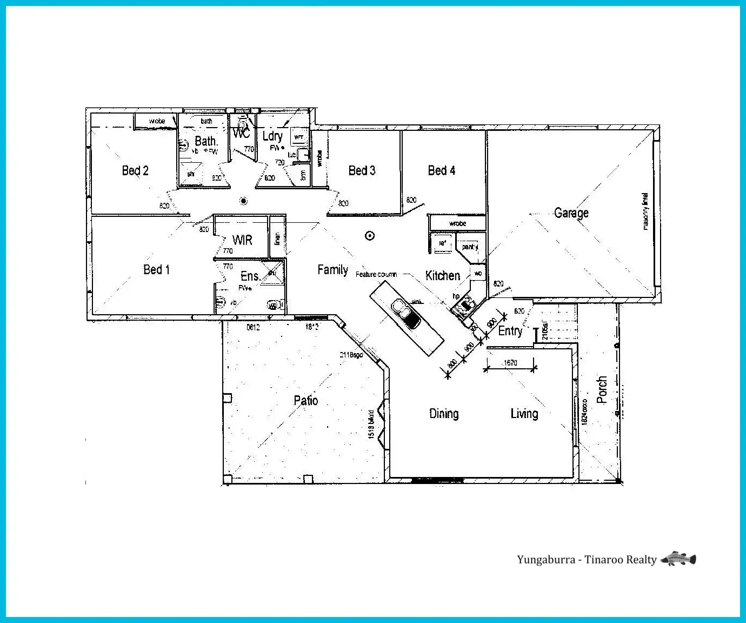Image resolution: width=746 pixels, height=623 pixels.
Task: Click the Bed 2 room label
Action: [x=135, y=171]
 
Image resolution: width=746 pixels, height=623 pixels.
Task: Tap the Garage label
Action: [x=571, y=213]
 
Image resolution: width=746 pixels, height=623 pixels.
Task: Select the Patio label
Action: [x=305, y=401]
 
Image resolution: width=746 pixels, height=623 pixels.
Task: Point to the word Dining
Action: [x=444, y=414]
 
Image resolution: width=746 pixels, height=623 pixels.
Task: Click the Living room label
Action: [x=524, y=414]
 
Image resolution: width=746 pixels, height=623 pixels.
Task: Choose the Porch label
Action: [x=602, y=390]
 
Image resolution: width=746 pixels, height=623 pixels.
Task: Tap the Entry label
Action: [x=510, y=331]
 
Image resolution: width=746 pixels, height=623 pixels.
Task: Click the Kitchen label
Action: [x=442, y=276]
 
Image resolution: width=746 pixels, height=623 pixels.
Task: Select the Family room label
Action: [x=332, y=270]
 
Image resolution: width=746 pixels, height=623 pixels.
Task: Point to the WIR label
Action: [x=242, y=240]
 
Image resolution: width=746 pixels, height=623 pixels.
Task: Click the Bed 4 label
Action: [x=441, y=171]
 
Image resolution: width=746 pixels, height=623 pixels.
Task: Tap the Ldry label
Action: [x=272, y=136]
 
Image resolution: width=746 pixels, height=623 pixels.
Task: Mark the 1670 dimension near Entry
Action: [x=510, y=363]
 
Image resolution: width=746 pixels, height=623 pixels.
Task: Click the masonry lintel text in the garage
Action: [x=645, y=211]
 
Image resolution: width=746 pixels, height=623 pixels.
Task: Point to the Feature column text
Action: [x=376, y=275]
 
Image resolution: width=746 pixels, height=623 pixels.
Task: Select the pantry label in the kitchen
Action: [x=469, y=247]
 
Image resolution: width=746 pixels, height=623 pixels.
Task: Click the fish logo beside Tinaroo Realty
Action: [x=678, y=559]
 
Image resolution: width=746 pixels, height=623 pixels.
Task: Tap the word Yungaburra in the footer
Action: [x=545, y=560]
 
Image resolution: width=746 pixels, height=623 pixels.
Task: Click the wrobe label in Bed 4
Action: [x=457, y=223]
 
